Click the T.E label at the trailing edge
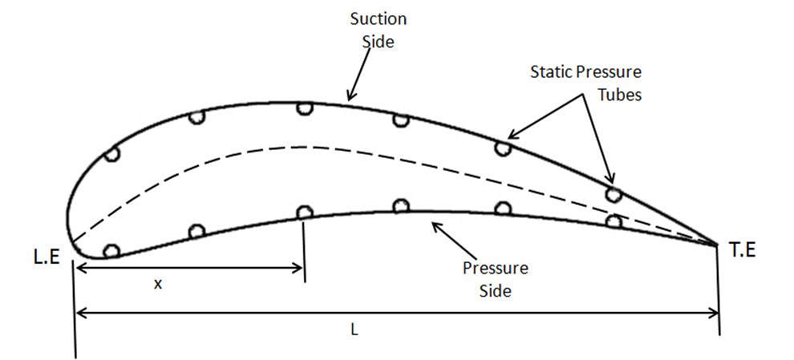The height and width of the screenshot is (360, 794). point(743,250)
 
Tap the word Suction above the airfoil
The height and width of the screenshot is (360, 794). point(379,19)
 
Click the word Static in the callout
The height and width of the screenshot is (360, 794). point(549,72)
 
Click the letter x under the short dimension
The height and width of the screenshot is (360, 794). point(158,285)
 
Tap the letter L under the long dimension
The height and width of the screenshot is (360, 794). point(354,330)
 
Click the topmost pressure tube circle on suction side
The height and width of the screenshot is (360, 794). point(304,108)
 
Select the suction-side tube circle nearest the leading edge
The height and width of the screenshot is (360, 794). point(111,155)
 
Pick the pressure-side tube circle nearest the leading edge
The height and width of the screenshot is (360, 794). point(111,251)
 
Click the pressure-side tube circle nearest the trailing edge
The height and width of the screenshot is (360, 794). point(614,221)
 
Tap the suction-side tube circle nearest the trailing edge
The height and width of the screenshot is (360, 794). point(614,194)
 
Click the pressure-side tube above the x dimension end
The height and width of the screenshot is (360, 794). point(304,212)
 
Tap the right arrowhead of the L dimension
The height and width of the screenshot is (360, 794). point(713,313)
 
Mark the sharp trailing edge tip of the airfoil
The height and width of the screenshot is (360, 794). point(718,244)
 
